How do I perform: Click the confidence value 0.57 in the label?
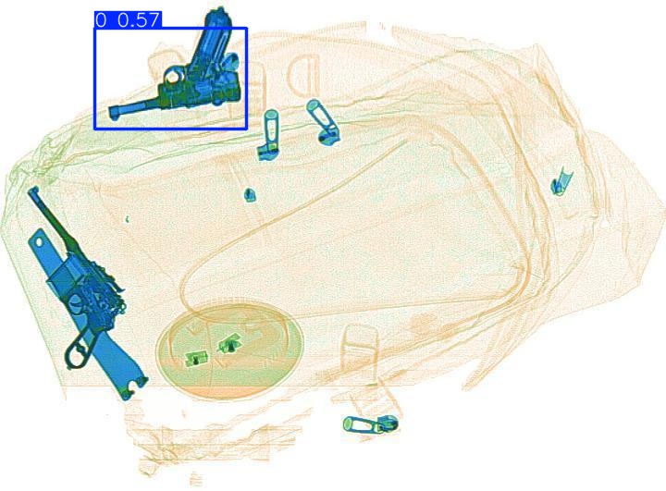pyautogui.click(x=139, y=20)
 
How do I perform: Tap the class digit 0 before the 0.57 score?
pyautogui.click(x=101, y=20)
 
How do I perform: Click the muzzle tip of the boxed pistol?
pyautogui.click(x=114, y=114)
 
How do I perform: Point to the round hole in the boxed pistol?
pyautogui.click(x=172, y=78)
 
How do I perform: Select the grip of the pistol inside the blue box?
pyautogui.click(x=215, y=38)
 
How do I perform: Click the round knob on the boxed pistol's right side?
pyautogui.click(x=230, y=62)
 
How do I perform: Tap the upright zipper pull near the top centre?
pyautogui.click(x=268, y=135)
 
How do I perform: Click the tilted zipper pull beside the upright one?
pyautogui.click(x=323, y=122)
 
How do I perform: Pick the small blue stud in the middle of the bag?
pyautogui.click(x=250, y=194)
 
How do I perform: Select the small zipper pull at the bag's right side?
pyautogui.click(x=561, y=182)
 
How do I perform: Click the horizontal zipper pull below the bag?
pyautogui.click(x=371, y=424)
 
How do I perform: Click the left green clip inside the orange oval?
pyautogui.click(x=196, y=359)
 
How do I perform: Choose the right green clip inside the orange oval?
pyautogui.click(x=229, y=343)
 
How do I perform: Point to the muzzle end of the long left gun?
pyautogui.click(x=33, y=190)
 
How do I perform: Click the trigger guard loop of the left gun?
pyautogui.click(x=79, y=350)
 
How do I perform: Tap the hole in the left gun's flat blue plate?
pyautogui.click(x=39, y=241)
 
